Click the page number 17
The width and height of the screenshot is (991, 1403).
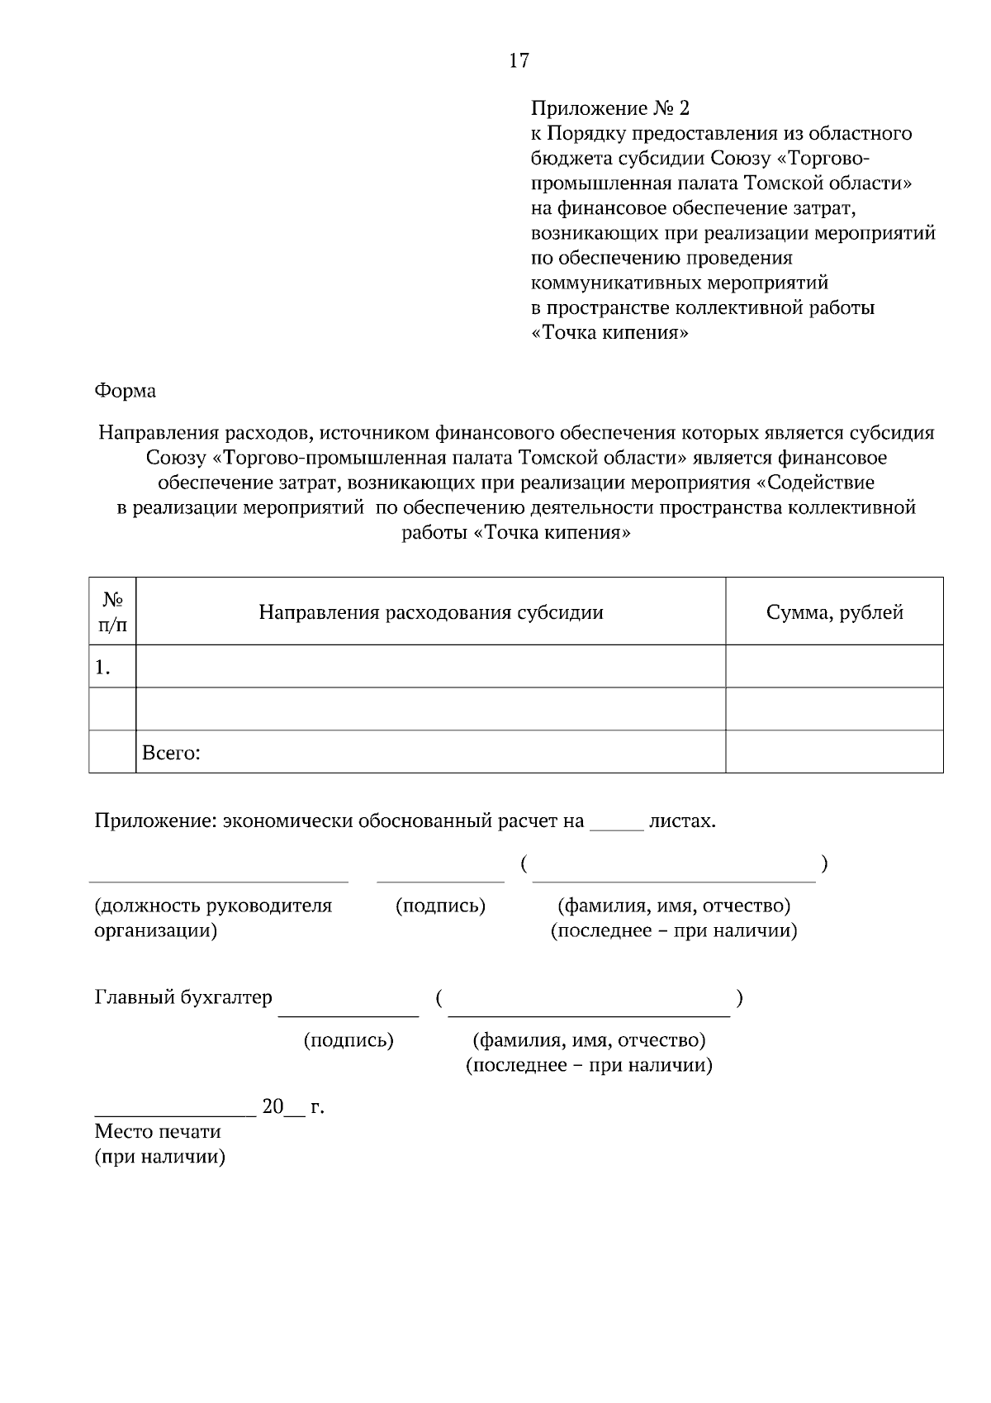(x=519, y=60)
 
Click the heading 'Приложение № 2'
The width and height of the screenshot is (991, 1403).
(x=609, y=108)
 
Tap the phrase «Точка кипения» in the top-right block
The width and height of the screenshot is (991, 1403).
(x=609, y=333)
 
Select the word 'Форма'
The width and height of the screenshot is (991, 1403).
(x=126, y=390)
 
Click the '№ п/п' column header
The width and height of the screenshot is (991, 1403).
(x=113, y=611)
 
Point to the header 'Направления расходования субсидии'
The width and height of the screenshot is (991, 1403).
(x=430, y=612)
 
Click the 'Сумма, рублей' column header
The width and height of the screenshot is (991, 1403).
(x=834, y=612)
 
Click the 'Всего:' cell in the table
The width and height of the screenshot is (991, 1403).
(x=172, y=753)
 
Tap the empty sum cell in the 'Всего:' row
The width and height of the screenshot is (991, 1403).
(x=834, y=752)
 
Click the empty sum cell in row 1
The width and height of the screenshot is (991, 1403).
(x=834, y=667)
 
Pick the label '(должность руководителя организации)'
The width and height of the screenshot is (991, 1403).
(x=213, y=918)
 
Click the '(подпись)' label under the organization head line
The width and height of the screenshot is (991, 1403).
(x=441, y=906)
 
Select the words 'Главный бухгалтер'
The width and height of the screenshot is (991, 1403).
(x=183, y=997)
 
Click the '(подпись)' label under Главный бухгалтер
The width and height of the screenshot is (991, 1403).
(x=349, y=1040)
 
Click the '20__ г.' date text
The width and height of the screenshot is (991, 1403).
(x=292, y=1106)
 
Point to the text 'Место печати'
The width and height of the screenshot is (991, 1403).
(x=158, y=1131)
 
